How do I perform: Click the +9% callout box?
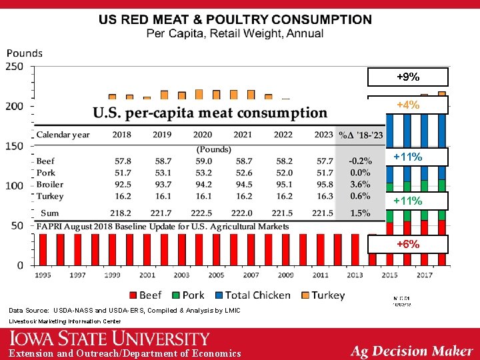[408, 77]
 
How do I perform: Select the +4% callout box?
[408, 105]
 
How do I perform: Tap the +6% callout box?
[408, 245]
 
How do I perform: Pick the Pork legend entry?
[187, 295]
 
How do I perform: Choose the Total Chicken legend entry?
[251, 295]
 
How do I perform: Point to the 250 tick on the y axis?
[14, 67]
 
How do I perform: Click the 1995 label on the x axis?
[43, 274]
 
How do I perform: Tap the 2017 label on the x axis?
[425, 274]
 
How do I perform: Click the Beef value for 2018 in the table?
[121, 161]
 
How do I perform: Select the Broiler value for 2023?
[323, 185]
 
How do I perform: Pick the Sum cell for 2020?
[203, 213]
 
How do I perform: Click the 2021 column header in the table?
[243, 135]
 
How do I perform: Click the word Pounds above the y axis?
[25, 53]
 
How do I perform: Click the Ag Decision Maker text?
[411, 351]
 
